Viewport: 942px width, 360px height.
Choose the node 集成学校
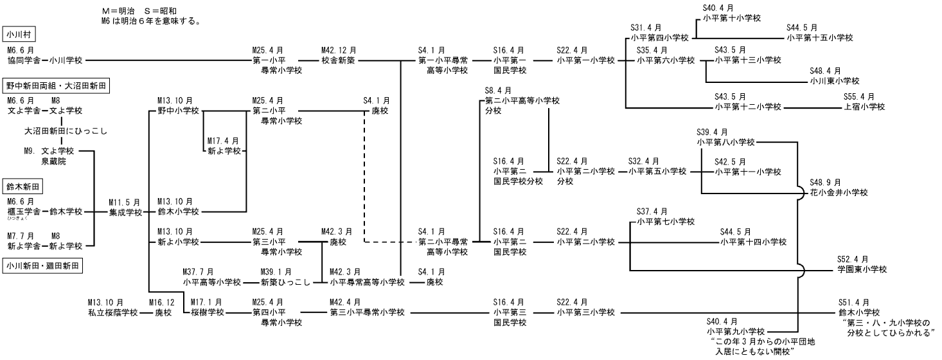[125, 212]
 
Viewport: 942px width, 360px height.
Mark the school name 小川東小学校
[835, 81]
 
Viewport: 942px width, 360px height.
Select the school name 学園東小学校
[861, 269]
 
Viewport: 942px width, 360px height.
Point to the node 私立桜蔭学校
[113, 313]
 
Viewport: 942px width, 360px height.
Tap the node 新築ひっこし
[281, 282]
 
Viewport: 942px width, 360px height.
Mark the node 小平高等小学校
[211, 282]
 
